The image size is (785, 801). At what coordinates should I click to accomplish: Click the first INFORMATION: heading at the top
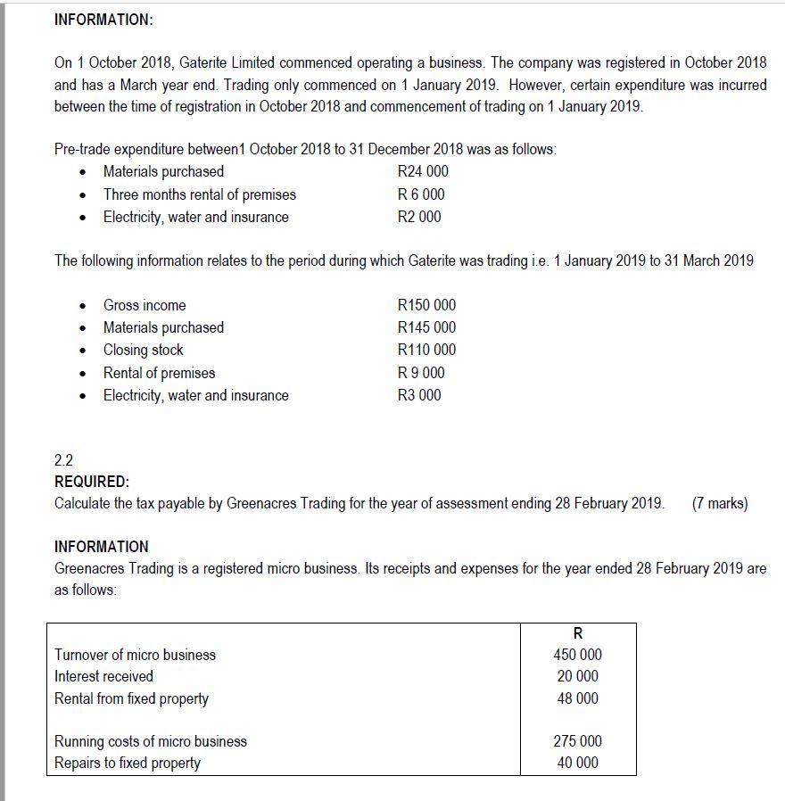[x=103, y=20]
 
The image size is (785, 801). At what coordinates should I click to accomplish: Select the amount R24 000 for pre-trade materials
[x=423, y=171]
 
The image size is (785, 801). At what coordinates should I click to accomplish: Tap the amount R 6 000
[x=421, y=194]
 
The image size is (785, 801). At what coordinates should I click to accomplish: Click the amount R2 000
[x=419, y=217]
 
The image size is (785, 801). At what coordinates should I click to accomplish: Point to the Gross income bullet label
[x=145, y=305]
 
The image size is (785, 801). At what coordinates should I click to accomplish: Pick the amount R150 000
[x=426, y=305]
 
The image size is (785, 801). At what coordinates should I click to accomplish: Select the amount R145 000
[x=426, y=327]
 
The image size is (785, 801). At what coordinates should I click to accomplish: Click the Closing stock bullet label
[x=143, y=350]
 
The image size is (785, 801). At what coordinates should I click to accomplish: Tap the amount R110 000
[x=426, y=350]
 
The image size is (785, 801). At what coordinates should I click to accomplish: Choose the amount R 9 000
[x=421, y=373]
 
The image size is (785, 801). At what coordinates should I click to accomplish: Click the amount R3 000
[x=419, y=395]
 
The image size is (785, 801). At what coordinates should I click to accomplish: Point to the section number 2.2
[x=64, y=460]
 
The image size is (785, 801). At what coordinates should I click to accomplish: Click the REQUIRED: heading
[x=92, y=482]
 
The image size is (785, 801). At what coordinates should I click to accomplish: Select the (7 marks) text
[x=719, y=503]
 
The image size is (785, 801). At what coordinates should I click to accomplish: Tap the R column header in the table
[x=578, y=633]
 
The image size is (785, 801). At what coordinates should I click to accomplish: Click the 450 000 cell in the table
[x=578, y=655]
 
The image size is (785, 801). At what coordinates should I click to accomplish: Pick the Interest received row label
[x=103, y=676]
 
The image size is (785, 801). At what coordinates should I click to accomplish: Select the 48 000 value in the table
[x=578, y=698]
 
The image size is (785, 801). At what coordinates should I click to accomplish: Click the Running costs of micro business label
[x=151, y=741]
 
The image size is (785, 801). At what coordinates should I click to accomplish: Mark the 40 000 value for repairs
[x=578, y=763]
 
